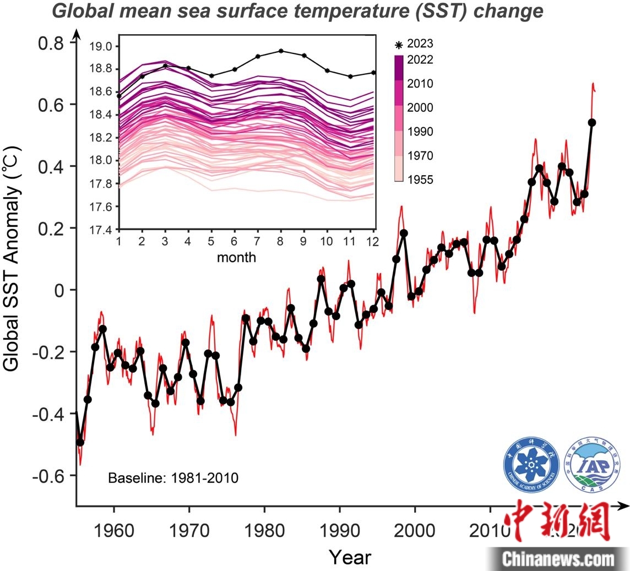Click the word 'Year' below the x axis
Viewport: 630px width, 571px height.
[x=350, y=556]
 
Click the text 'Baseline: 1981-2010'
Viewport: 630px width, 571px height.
[x=173, y=477]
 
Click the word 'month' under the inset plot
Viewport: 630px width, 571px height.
[x=236, y=257]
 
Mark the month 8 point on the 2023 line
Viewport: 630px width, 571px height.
[x=281, y=51]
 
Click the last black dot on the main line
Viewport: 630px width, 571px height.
[x=593, y=122]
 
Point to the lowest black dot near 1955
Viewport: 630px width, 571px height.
[x=80, y=442]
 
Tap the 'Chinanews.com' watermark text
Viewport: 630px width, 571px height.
[x=557, y=559]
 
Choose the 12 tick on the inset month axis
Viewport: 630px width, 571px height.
[x=374, y=241]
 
